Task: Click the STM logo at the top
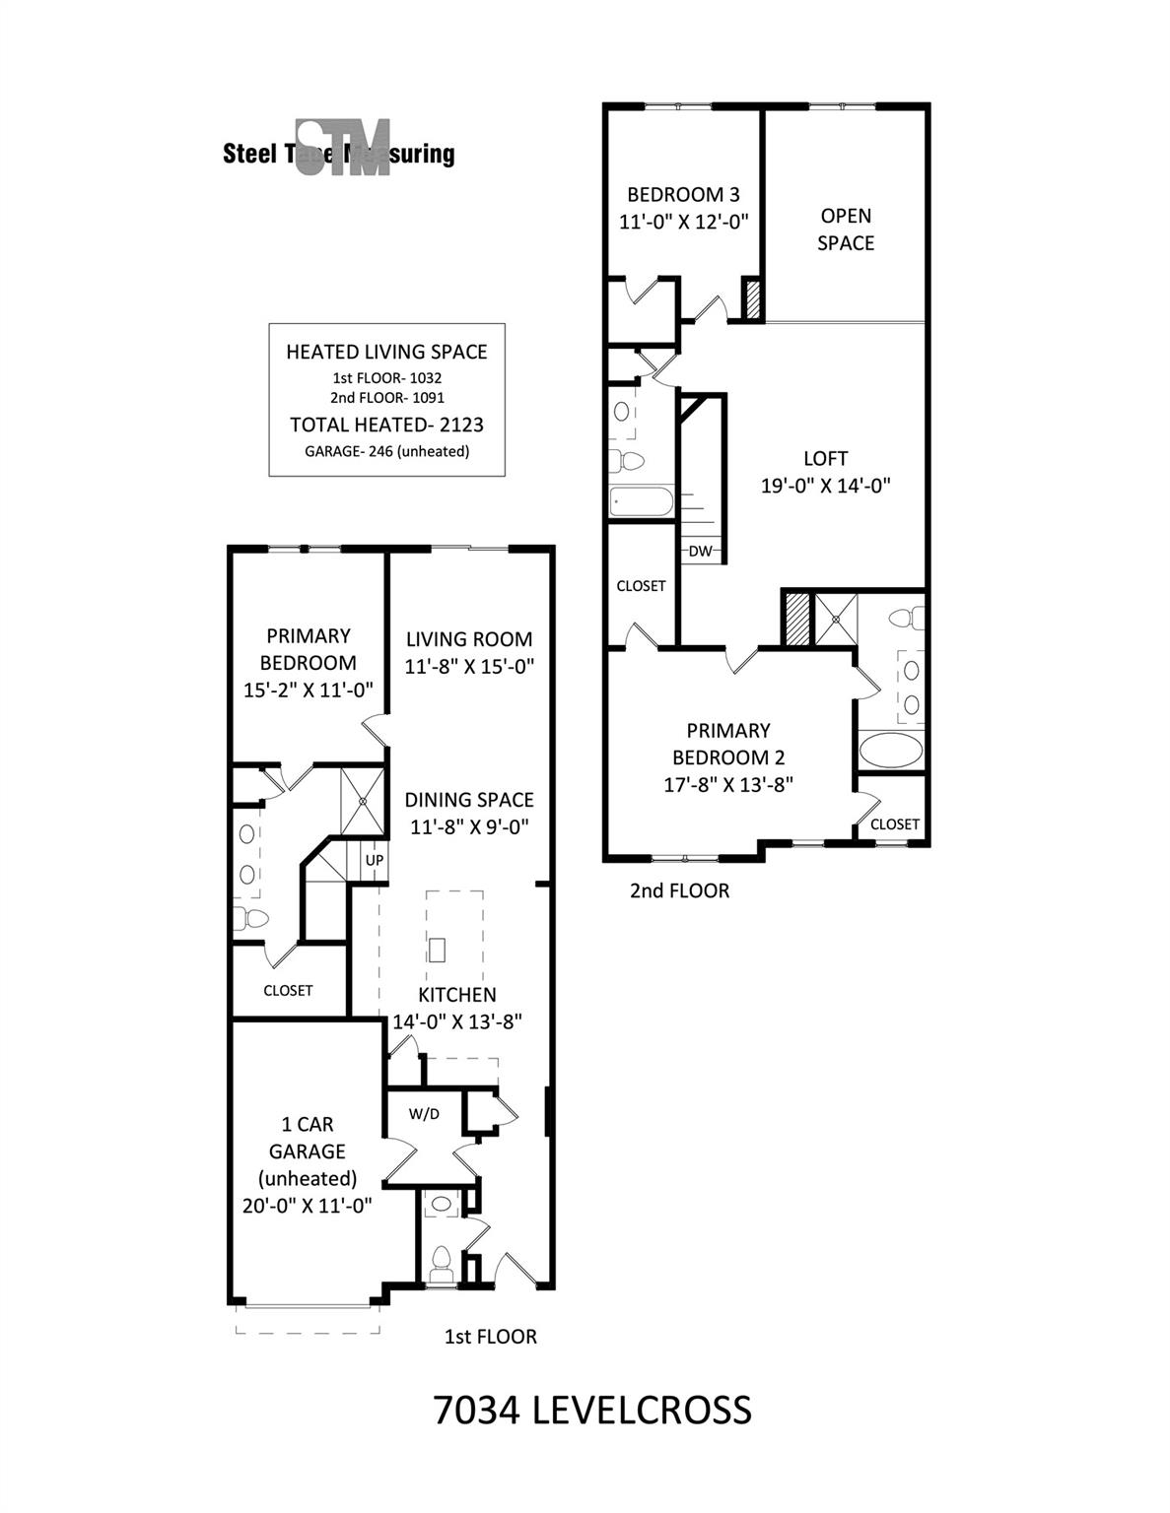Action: pyautogui.click(x=343, y=149)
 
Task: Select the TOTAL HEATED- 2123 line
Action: pyautogui.click(x=386, y=425)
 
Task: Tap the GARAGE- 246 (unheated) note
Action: pyautogui.click(x=386, y=451)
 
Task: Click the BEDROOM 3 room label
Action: pyautogui.click(x=683, y=194)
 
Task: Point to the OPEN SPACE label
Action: pyautogui.click(x=846, y=229)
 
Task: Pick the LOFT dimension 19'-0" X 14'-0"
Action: pyautogui.click(x=826, y=485)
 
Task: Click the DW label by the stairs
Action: pyautogui.click(x=700, y=552)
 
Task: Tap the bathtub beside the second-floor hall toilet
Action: pyautogui.click(x=641, y=501)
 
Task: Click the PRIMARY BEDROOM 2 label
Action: pyautogui.click(x=728, y=744)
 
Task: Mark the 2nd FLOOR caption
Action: pyautogui.click(x=679, y=890)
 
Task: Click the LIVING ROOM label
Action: pyautogui.click(x=469, y=639)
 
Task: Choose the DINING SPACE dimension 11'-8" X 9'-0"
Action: pyautogui.click(x=469, y=827)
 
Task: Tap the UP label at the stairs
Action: pyautogui.click(x=375, y=860)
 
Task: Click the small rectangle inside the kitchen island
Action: pyautogui.click(x=438, y=950)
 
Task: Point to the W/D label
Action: pyautogui.click(x=424, y=1114)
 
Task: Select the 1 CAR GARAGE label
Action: pyautogui.click(x=308, y=1138)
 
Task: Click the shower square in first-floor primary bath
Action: pyautogui.click(x=363, y=801)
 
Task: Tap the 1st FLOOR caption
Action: pyautogui.click(x=491, y=1337)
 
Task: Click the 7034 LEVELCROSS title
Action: pyautogui.click(x=592, y=1410)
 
